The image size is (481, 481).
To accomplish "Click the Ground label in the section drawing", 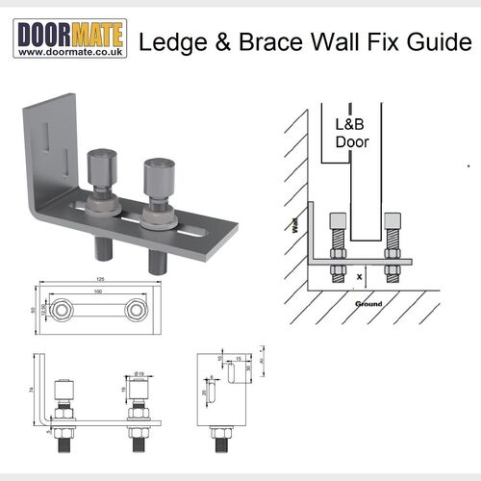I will [x=368, y=304].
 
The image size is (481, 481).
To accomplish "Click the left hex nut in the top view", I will [x=65, y=310].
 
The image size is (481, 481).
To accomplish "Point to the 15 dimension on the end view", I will [x=238, y=359].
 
